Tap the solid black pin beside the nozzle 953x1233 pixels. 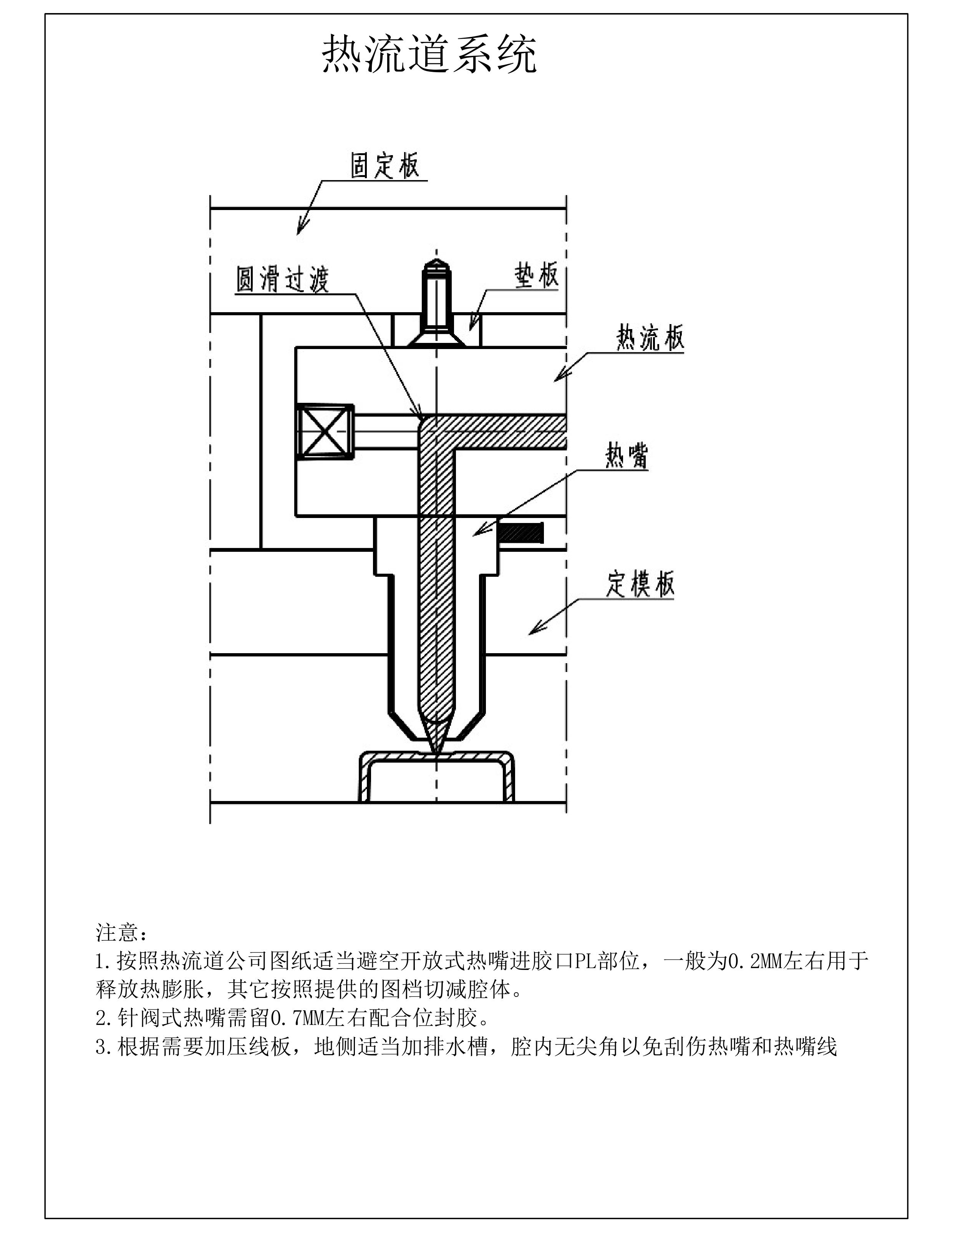coord(521,532)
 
